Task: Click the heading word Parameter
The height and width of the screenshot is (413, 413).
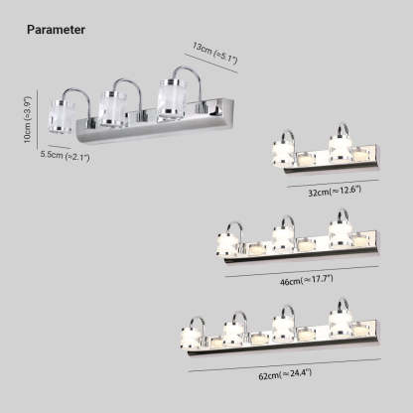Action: point(56,30)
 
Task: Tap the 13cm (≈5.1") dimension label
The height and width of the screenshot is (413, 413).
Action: point(214,53)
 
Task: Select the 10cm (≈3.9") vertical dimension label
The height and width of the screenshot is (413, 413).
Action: point(28,119)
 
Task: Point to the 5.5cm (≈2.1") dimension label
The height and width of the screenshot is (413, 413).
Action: point(65,156)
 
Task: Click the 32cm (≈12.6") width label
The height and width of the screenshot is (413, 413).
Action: point(335,192)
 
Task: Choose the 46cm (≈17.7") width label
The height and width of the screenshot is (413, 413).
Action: point(306,281)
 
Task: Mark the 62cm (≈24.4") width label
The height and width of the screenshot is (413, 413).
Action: point(285,374)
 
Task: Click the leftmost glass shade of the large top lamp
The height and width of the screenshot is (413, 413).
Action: point(62,116)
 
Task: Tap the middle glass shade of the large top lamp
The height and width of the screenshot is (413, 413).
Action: point(112,108)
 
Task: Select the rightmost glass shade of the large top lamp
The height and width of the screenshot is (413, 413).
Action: point(172,98)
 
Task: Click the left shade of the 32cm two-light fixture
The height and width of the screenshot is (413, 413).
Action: point(283,152)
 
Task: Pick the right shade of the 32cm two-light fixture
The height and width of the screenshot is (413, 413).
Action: point(341,150)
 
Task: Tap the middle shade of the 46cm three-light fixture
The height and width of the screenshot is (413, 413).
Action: point(283,238)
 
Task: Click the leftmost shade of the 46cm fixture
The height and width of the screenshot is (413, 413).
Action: point(227,244)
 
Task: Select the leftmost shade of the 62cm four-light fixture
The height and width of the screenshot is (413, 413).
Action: point(193,337)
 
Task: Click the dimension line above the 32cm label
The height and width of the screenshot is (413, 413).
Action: point(333,184)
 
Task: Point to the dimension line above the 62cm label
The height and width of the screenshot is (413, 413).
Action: point(285,365)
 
